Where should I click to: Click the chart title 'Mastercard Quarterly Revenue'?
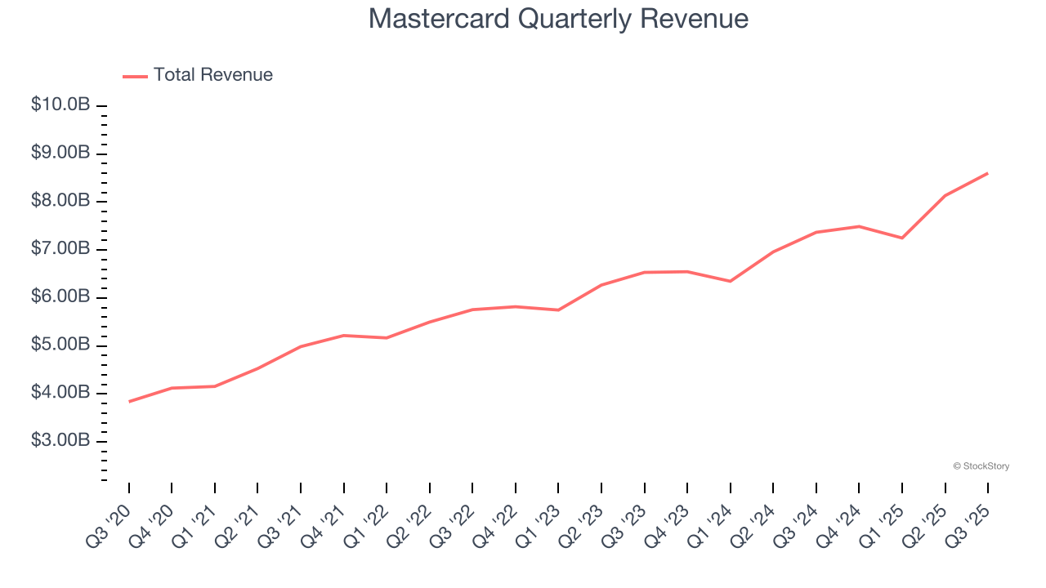pos(558,18)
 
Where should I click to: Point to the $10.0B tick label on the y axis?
pos(60,105)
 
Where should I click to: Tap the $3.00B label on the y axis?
pos(60,441)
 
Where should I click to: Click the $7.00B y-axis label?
pos(60,249)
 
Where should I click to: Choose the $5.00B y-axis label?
pos(60,345)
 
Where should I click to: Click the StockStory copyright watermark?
pos(981,466)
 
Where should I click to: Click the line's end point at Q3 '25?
pos(988,173)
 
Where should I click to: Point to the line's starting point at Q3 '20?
pos(129,402)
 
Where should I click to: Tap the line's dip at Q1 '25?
pos(902,238)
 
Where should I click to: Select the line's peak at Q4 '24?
pos(859,226)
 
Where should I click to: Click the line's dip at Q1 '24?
pos(730,281)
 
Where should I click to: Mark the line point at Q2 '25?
pos(945,196)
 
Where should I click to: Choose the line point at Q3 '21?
pos(301,346)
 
